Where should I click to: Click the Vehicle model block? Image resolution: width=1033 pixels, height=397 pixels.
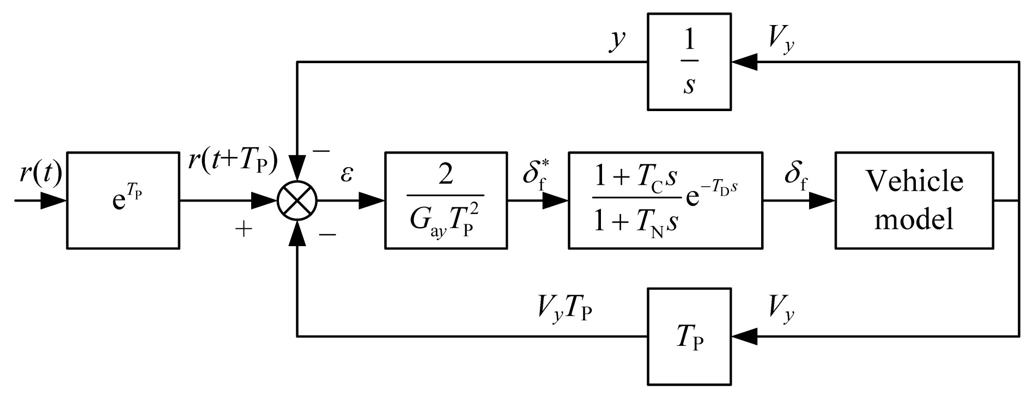(914, 200)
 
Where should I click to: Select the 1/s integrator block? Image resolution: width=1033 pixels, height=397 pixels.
(689, 62)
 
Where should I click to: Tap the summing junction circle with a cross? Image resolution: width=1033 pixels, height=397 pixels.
(297, 201)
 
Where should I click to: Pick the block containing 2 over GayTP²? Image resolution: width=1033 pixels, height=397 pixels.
(446, 200)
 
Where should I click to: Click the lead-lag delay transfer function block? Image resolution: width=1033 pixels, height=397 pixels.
(665, 200)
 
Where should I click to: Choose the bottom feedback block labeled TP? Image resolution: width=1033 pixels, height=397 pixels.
(689, 336)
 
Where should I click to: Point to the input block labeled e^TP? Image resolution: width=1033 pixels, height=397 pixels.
(123, 200)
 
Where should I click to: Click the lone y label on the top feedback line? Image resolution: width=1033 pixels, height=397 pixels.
(617, 41)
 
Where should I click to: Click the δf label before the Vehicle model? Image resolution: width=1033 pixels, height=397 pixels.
(797, 175)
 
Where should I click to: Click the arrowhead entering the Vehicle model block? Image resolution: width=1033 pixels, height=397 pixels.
(823, 201)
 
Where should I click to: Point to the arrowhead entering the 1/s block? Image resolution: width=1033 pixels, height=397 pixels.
(743, 62)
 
